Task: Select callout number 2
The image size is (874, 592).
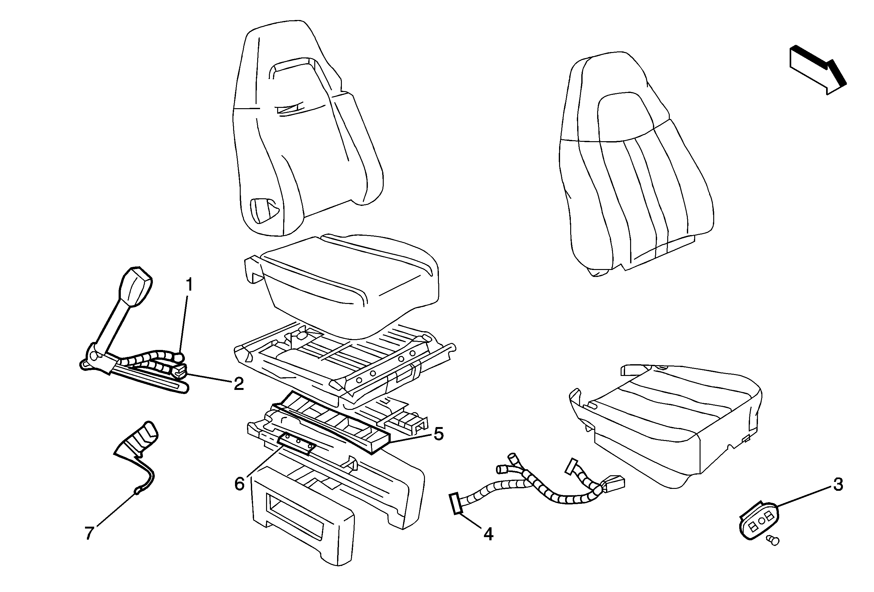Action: coord(238,384)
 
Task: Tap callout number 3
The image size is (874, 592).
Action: coord(838,485)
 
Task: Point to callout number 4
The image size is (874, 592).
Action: coord(488,534)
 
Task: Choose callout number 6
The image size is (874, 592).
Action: coord(239,484)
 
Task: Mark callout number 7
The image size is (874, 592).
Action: coord(89,533)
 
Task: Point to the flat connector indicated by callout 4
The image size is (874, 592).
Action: coord(456,503)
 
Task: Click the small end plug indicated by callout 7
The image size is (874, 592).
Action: coord(138,490)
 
